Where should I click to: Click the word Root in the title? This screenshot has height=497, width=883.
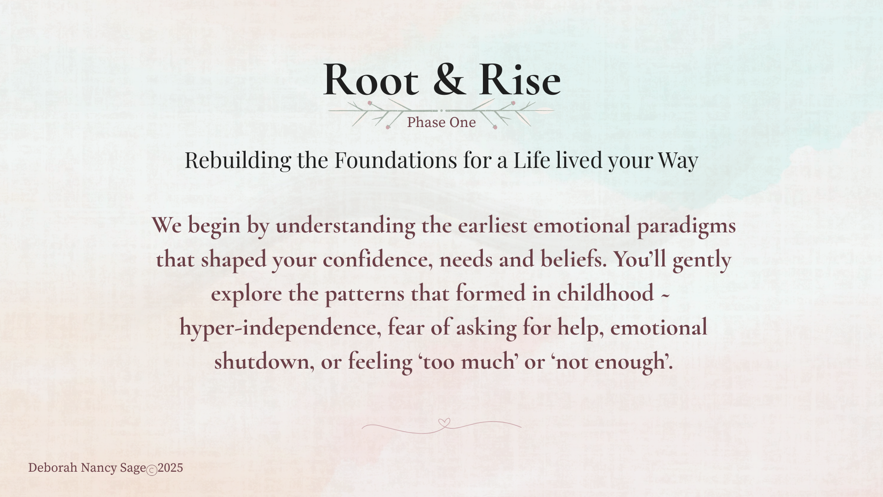pos(371,79)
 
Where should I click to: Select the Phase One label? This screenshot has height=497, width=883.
pos(441,122)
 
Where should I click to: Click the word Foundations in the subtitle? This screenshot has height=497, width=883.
pos(396,160)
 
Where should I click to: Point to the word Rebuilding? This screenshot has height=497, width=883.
pos(238,161)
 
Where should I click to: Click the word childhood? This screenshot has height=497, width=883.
pos(605,293)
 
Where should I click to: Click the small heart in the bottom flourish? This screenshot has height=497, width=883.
pos(444,422)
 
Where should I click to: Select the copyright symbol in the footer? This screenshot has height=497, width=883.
pos(152,470)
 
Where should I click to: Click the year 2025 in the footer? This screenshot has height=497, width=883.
pos(170,468)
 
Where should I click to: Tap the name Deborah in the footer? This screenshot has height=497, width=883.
pos(53,468)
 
